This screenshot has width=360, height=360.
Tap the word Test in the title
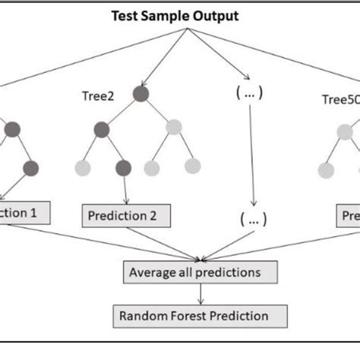[125, 15]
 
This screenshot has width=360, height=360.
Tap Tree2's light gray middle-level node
[174, 128]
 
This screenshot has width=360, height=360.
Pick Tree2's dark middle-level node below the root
[103, 129]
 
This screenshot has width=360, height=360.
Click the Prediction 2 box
[123, 216]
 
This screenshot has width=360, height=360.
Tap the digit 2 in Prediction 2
[152, 216]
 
